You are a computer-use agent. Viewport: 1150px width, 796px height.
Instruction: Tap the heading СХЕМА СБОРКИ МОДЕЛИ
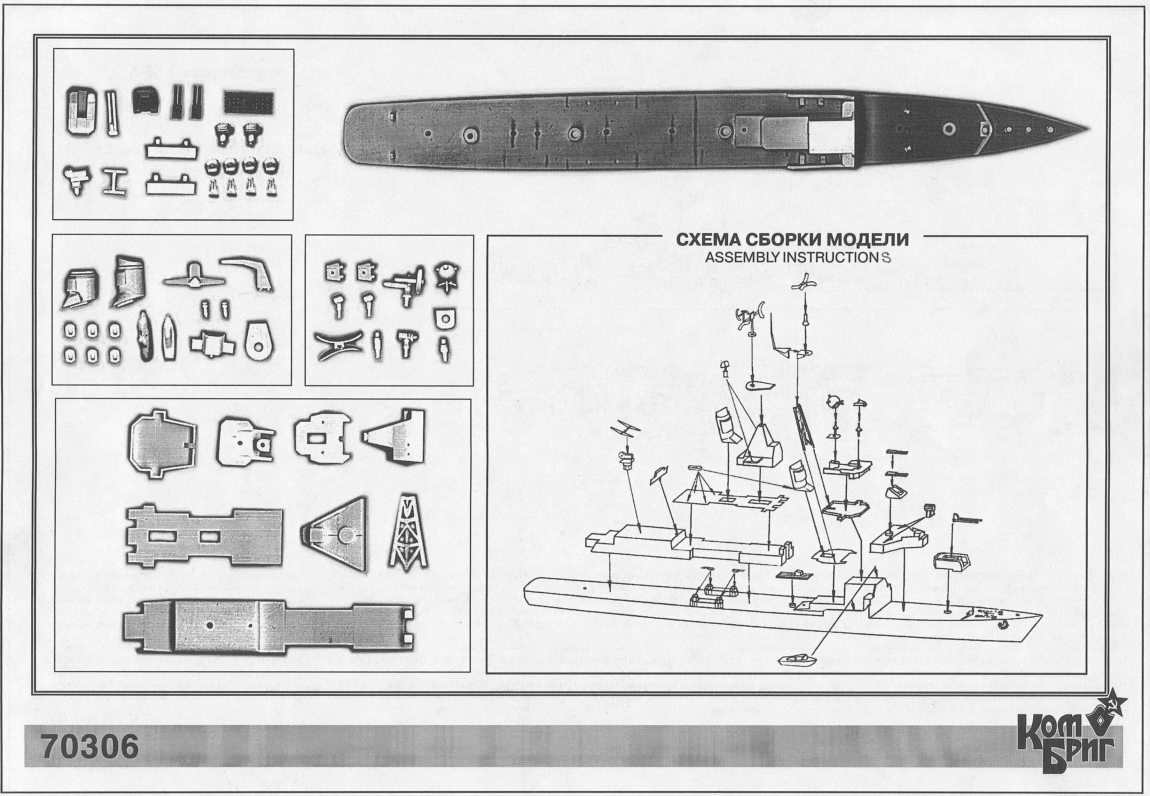[x=792, y=240]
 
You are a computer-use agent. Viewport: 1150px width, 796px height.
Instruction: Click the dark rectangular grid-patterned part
[x=248, y=103]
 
